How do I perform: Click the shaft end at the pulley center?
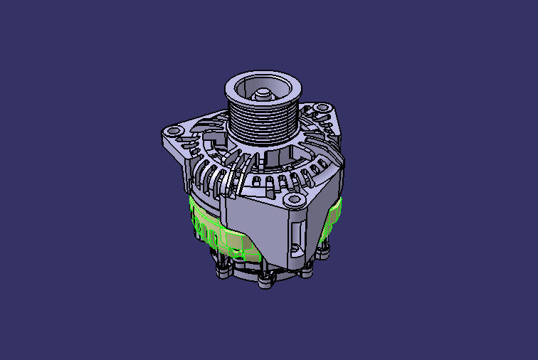point(262,92)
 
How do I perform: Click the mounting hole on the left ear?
point(172,132)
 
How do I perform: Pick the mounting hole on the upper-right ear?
point(321,110)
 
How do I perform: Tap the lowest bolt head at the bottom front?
point(266,282)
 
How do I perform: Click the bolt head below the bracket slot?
point(307,270)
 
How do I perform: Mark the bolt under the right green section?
point(325,250)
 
